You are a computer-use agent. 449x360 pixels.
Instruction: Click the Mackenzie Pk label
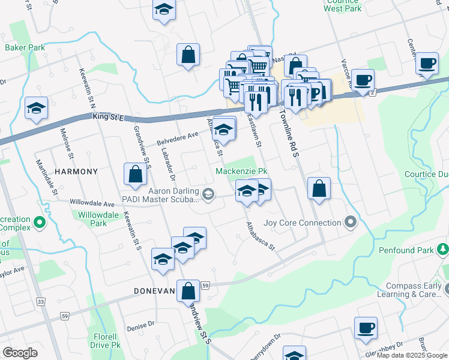(x=241, y=172)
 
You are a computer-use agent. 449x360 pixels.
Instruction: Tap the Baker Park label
(x=25, y=47)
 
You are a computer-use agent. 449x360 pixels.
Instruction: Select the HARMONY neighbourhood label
(x=76, y=172)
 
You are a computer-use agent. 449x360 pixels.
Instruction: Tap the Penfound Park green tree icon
(x=443, y=248)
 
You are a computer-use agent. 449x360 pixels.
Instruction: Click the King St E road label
(x=108, y=118)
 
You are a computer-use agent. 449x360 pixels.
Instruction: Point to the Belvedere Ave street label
(x=178, y=139)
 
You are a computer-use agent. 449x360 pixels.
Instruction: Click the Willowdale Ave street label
(x=92, y=203)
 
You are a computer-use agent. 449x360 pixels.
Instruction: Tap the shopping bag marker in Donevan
(x=188, y=292)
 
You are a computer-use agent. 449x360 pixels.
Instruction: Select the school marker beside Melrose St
(x=37, y=109)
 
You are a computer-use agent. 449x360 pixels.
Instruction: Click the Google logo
(x=20, y=353)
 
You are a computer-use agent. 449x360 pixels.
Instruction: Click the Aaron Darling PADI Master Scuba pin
(x=208, y=194)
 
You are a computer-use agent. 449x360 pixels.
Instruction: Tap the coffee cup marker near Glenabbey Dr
(x=365, y=328)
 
